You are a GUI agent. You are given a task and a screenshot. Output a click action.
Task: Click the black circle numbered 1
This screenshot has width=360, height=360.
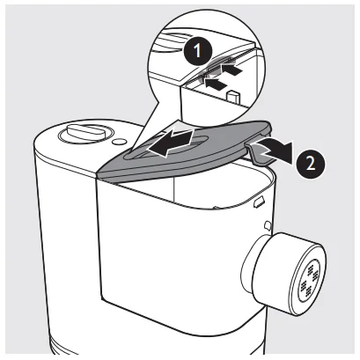tap(197, 51)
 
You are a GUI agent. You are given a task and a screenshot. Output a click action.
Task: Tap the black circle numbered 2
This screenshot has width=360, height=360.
tap(311, 163)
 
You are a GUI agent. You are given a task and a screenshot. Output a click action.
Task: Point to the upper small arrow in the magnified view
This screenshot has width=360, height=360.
tap(232, 69)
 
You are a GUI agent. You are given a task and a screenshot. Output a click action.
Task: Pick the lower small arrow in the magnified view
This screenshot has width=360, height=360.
tap(217, 84)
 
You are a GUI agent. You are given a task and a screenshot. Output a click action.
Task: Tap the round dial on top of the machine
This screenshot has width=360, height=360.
tap(85, 134)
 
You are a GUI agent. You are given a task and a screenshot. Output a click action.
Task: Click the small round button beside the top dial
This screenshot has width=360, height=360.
tap(119, 142)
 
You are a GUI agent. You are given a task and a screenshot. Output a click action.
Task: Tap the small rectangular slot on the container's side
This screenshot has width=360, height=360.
tap(260, 202)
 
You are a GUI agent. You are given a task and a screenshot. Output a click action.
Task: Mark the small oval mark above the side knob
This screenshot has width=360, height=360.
tap(268, 225)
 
